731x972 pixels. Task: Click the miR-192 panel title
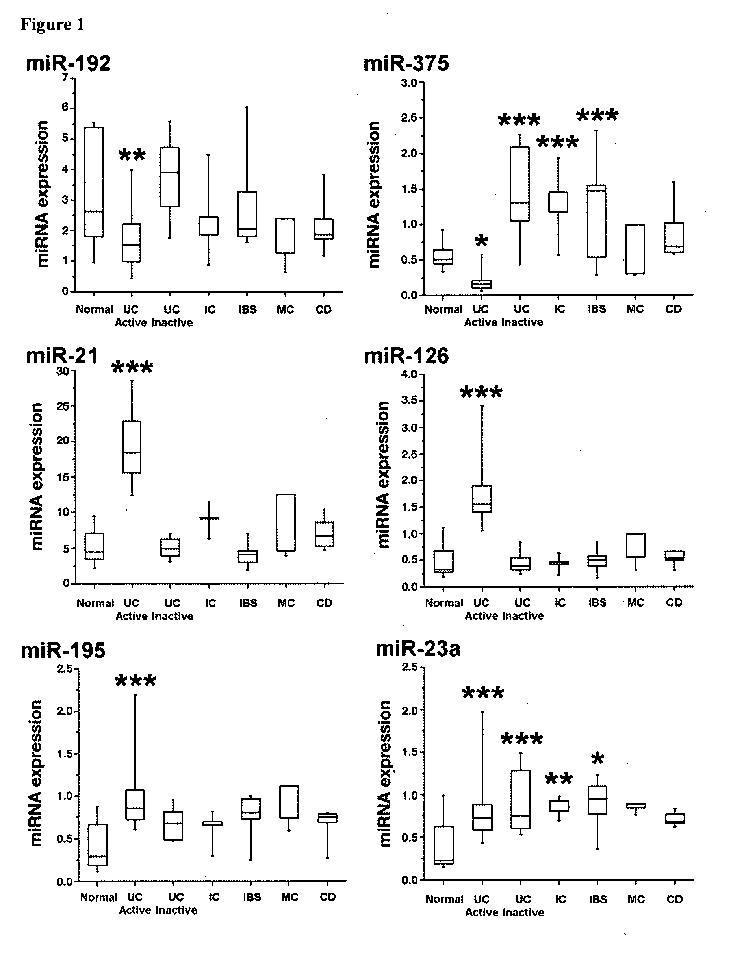[68, 63]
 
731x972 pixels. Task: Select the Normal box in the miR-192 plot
[94, 182]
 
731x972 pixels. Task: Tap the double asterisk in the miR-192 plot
[132, 155]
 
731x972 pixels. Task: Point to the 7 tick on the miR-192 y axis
[65, 78]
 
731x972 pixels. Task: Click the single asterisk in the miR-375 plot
[482, 241]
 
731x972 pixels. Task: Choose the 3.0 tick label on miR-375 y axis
[409, 83]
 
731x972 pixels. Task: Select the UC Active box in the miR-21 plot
[132, 447]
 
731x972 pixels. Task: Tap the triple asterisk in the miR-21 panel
[132, 367]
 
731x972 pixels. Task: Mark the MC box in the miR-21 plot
[286, 522]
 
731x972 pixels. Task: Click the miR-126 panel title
[406, 356]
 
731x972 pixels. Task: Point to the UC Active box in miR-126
[482, 499]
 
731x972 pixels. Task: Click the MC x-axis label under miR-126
[635, 602]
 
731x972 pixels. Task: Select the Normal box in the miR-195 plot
[98, 844]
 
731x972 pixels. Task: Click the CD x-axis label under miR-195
[327, 897]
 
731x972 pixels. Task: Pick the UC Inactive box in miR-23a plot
[521, 799]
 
